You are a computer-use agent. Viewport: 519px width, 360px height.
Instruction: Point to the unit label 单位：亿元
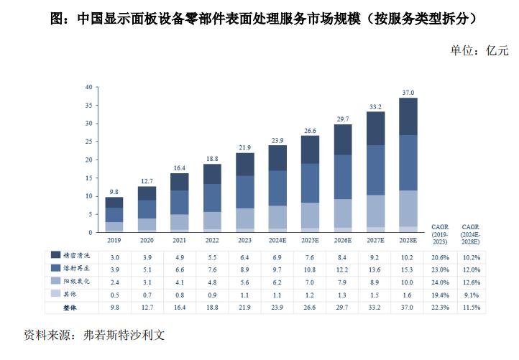(x=479, y=50)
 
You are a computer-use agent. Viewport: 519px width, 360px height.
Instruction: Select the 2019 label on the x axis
(x=113, y=241)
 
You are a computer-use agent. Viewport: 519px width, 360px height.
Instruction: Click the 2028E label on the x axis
(x=408, y=241)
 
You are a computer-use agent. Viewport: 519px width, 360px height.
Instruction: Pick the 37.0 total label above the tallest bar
(x=408, y=92)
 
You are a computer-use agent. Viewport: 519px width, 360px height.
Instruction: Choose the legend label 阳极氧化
(x=78, y=282)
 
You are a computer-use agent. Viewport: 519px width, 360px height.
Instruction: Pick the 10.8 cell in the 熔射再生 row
(x=310, y=269)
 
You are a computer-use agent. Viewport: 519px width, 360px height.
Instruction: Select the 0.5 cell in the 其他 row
(x=113, y=295)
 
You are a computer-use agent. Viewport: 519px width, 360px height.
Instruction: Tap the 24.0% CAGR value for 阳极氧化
(x=440, y=282)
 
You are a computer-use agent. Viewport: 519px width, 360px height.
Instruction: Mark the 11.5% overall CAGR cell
(x=472, y=308)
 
